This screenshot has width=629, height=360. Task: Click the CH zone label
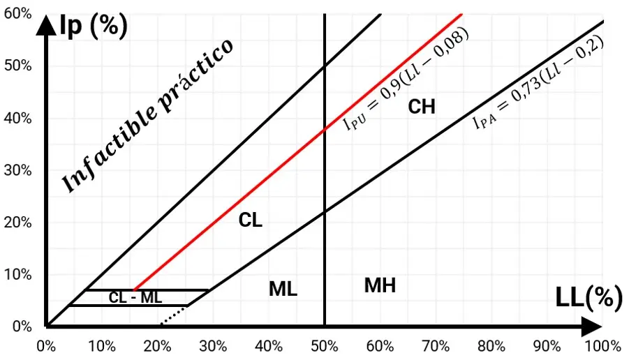[x=421, y=107]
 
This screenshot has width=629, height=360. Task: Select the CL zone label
[x=251, y=220]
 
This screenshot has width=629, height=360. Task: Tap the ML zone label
[x=283, y=289]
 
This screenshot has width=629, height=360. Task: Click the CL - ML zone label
[x=135, y=297]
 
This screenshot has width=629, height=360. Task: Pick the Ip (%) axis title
[x=95, y=26]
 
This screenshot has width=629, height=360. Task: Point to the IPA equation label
[x=538, y=84]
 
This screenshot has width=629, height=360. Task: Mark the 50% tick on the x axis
[x=325, y=345]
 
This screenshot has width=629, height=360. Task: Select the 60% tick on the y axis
[x=18, y=15]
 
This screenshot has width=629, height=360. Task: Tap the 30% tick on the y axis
[x=18, y=170]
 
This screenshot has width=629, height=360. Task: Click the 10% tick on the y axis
[x=18, y=274]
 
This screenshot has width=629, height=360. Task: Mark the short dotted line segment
[x=174, y=315]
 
